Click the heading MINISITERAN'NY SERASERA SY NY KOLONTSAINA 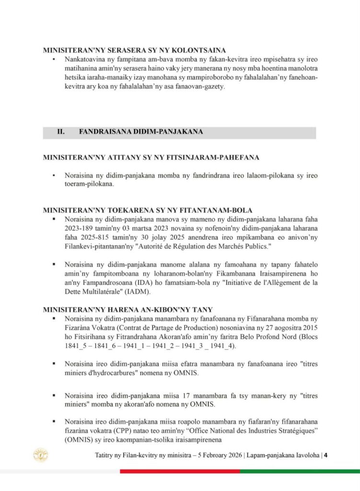(x=134, y=50)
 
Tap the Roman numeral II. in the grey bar (x=61, y=132)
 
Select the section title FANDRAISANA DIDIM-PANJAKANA (x=140, y=132)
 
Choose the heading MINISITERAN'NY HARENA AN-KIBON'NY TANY (x=128, y=310)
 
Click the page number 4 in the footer (x=325, y=455)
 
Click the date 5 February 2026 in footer (x=216, y=455)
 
